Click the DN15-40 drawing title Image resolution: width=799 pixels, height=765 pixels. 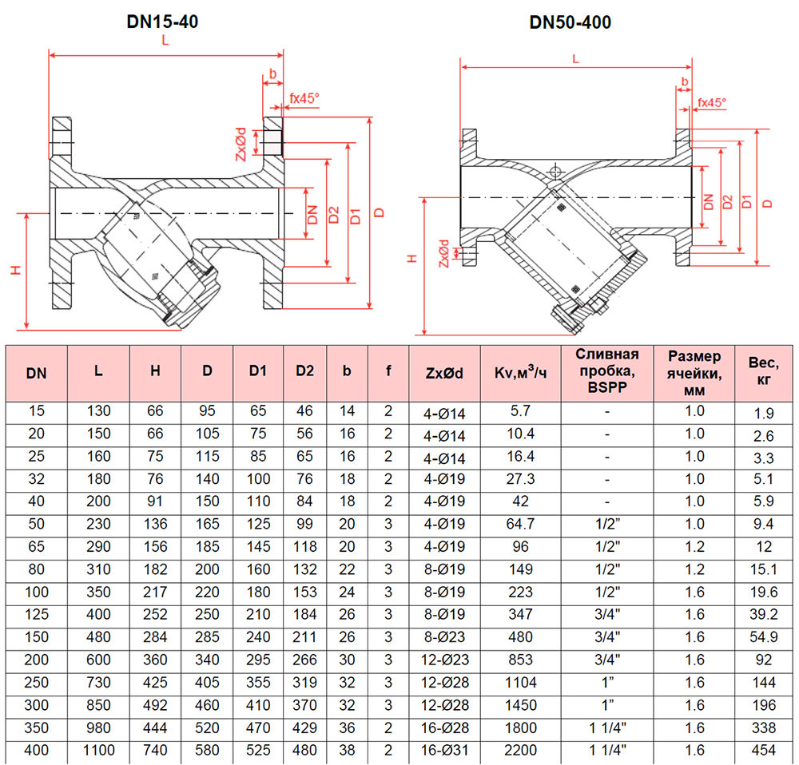tap(162, 22)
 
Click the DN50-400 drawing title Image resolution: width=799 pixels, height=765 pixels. tap(570, 22)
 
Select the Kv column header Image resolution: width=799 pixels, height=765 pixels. tap(515, 372)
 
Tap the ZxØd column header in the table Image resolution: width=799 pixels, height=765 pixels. tap(444, 372)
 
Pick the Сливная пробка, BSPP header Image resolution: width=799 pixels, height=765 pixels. tap(607, 372)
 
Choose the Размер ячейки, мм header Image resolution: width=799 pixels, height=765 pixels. tap(694, 372)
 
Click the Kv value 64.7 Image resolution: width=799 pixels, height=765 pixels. tap(520, 525)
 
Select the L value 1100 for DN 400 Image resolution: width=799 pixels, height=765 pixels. tap(97, 751)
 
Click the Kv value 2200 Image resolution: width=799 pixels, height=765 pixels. tap(520, 751)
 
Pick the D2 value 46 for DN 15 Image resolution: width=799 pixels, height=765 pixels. tap(305, 411)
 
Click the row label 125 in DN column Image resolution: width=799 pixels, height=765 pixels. tap(36, 615)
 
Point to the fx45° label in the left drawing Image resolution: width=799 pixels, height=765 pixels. tap(304, 99)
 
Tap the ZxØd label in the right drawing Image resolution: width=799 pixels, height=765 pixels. tap(444, 253)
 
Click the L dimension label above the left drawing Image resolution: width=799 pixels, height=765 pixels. tap(165, 44)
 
